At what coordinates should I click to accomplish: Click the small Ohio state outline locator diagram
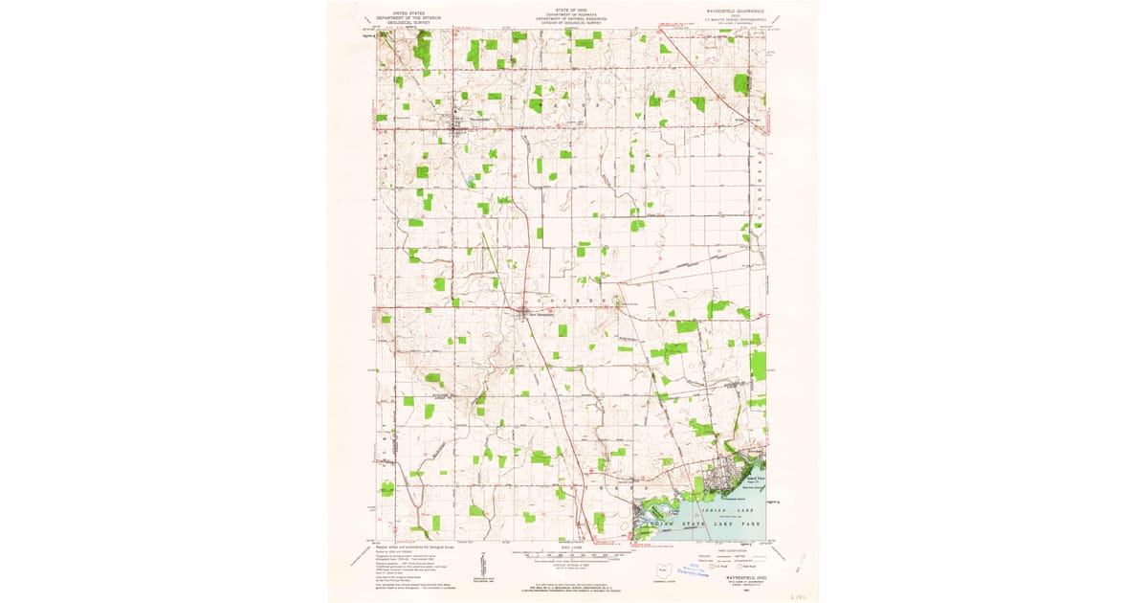[x=661, y=572]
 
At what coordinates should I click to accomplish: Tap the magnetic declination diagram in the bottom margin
[x=476, y=571]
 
